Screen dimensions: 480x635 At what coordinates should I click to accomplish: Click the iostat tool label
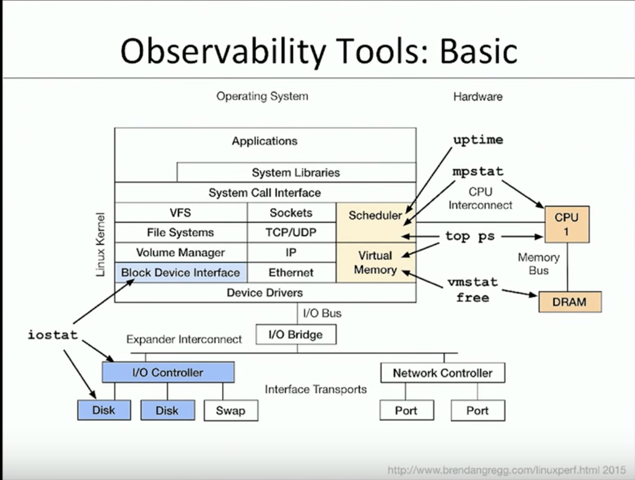click(x=52, y=335)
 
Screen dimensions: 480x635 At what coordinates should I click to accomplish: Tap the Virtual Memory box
click(x=376, y=262)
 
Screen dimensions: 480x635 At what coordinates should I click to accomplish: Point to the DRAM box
click(x=569, y=302)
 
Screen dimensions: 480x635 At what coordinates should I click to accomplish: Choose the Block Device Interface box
click(x=181, y=272)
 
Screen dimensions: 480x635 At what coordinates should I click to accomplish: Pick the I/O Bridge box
click(x=295, y=335)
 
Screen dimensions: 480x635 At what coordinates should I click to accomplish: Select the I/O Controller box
click(x=168, y=372)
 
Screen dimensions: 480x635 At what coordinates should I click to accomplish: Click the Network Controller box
click(x=442, y=373)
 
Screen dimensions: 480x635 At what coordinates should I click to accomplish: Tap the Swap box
click(x=230, y=410)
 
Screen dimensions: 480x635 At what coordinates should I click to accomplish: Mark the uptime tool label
click(x=478, y=140)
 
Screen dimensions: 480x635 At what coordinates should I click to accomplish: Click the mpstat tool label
click(x=478, y=172)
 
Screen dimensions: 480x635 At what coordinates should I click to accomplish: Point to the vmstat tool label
click(x=472, y=282)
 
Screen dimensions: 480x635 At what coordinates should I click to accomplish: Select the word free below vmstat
click(x=472, y=297)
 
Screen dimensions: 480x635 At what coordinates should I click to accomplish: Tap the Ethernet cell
click(x=291, y=272)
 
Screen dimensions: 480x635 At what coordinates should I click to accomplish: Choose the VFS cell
click(x=181, y=212)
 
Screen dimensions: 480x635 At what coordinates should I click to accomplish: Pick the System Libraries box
click(x=296, y=173)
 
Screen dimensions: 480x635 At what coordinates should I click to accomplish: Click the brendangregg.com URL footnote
click(x=506, y=470)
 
